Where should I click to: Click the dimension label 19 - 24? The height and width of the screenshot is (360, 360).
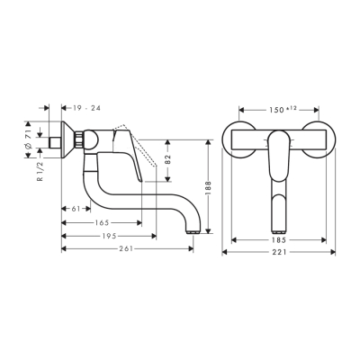point(86,107)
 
